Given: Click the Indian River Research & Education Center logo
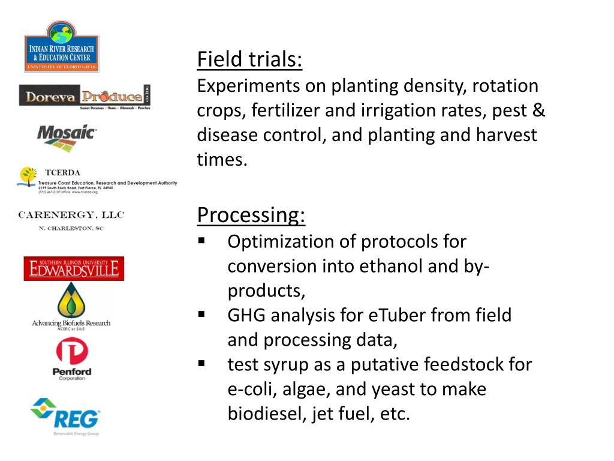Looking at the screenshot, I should [x=61, y=47].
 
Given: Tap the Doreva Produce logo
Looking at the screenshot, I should [x=85, y=97].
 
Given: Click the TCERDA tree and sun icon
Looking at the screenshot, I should [x=27, y=178].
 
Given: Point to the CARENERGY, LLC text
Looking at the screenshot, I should [x=71, y=215].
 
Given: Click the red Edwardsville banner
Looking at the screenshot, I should [x=74, y=268].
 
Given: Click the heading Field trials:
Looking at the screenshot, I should [x=249, y=59].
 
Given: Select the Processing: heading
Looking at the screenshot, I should [x=251, y=214].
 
